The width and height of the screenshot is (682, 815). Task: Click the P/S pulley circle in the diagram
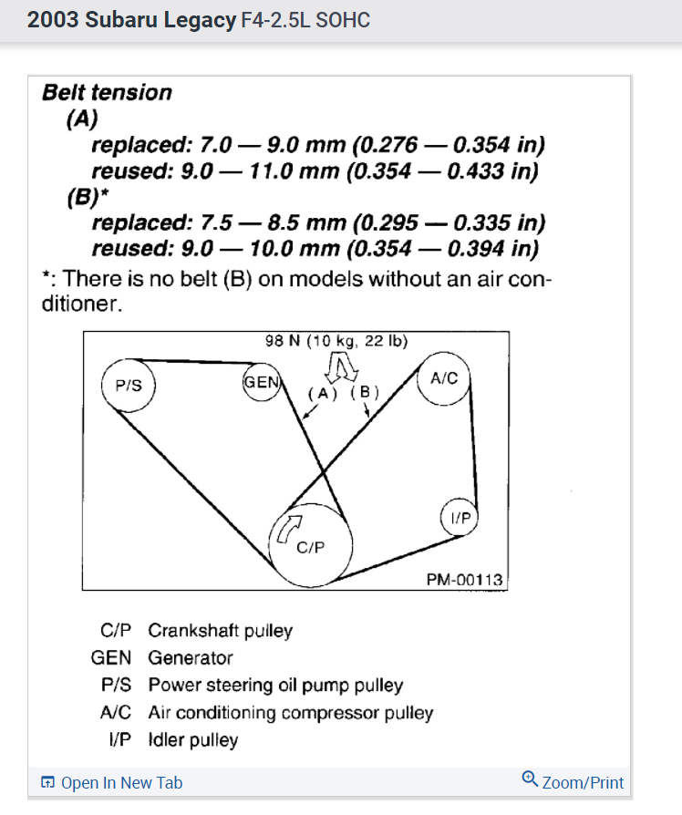pyautogui.click(x=128, y=386)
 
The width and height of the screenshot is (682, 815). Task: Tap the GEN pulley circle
pyautogui.click(x=262, y=382)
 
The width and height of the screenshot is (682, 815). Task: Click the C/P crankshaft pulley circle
pyautogui.click(x=311, y=543)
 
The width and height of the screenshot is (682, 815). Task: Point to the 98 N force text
pyautogui.click(x=336, y=341)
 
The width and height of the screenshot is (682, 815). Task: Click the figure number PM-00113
pyautogui.click(x=464, y=580)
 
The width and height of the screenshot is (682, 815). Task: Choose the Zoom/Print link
pyautogui.click(x=583, y=782)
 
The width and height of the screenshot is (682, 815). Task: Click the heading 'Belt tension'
pyautogui.click(x=107, y=92)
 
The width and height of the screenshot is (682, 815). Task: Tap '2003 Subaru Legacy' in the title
pyautogui.click(x=131, y=20)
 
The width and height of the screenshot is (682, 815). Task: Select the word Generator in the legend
pyautogui.click(x=191, y=657)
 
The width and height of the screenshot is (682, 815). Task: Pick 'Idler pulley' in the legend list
pyautogui.click(x=192, y=739)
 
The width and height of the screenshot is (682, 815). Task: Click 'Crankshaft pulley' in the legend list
pyautogui.click(x=220, y=630)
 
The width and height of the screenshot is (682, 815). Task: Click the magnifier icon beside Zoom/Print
pyautogui.click(x=530, y=779)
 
